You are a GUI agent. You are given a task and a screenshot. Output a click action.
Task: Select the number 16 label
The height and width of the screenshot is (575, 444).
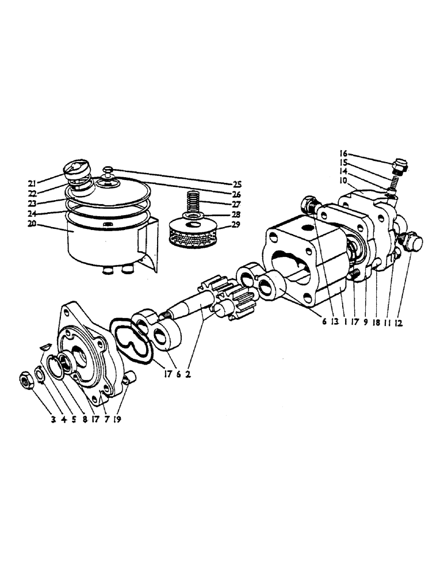(343, 154)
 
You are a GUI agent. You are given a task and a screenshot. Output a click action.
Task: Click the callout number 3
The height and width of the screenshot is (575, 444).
(53, 420)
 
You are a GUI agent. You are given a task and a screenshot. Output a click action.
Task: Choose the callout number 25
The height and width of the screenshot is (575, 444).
(238, 184)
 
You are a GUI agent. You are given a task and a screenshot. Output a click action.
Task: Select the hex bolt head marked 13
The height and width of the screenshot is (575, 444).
(310, 205)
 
